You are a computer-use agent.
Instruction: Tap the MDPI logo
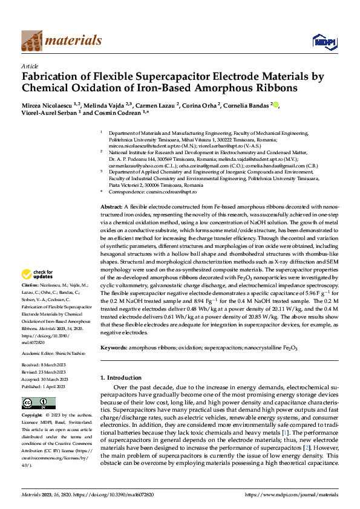[324, 41]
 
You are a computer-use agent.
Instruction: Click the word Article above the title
[29, 66]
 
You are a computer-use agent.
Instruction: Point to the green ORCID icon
[276, 105]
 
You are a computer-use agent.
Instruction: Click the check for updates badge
[39, 273]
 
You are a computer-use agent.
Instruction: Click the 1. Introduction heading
[120, 377]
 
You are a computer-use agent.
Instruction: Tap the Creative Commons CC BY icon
[34, 403]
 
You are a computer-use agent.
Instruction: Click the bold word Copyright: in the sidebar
[32, 416]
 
